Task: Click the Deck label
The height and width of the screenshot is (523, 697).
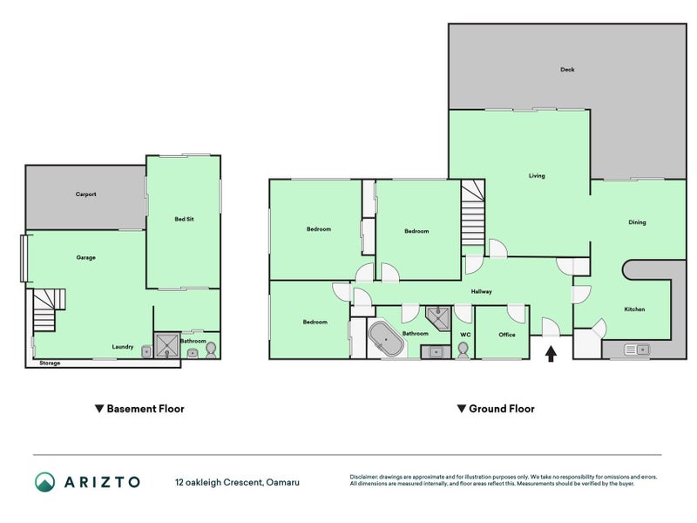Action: pos(567,70)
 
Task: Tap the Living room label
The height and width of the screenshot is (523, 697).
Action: pos(537,176)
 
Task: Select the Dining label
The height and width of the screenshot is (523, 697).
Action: pos(637,222)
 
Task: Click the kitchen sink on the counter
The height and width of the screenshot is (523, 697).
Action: pos(637,350)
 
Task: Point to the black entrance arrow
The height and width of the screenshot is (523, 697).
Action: pos(551,354)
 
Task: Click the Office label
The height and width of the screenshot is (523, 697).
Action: pos(507,335)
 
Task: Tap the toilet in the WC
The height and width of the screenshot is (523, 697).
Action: pos(464,350)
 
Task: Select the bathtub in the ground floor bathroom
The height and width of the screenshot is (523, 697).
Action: pos(385,339)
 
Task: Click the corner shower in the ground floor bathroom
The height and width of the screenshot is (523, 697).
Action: pos(438,318)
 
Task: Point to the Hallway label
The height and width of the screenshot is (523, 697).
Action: pos(482,292)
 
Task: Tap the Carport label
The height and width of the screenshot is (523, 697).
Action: pos(85,194)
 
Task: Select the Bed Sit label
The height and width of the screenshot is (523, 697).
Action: pos(184,219)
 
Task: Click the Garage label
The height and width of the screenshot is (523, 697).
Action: pos(85,257)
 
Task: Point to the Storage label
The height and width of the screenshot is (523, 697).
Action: pos(50,363)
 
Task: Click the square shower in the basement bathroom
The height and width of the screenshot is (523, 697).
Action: pos(167,345)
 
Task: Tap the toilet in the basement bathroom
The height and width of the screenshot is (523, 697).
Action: pos(211,350)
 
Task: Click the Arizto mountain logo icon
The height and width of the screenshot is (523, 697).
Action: pos(45,482)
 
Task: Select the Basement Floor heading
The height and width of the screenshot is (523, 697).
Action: pos(139,409)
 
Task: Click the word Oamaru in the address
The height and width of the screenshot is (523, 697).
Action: pos(282,482)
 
